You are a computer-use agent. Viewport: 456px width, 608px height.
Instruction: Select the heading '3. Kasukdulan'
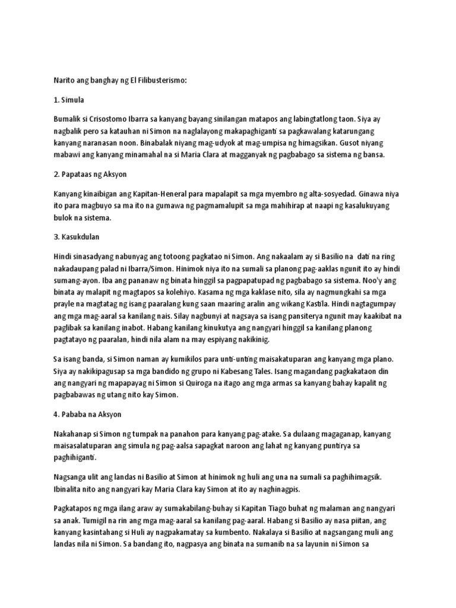[x=76, y=236]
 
